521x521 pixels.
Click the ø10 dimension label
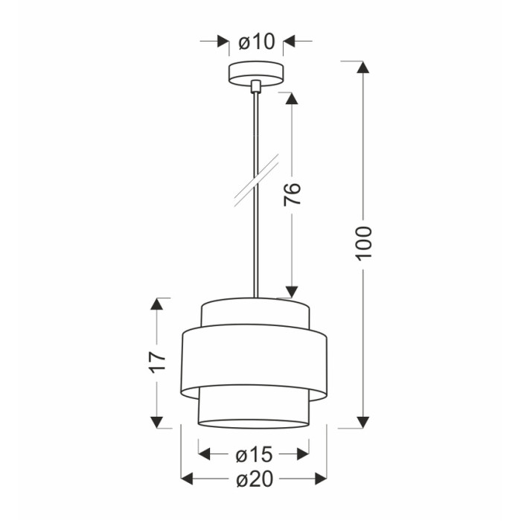pos(257,42)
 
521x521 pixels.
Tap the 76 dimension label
pos(292,194)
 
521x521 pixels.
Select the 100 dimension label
pos(363,243)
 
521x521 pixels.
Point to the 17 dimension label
pos(157,362)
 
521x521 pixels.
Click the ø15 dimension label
pos(255,454)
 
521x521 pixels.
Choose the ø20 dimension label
pos(255,479)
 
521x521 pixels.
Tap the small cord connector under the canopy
pos(255,86)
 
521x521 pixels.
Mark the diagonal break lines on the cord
pos(256,180)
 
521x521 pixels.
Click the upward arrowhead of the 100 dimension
pos(363,66)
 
